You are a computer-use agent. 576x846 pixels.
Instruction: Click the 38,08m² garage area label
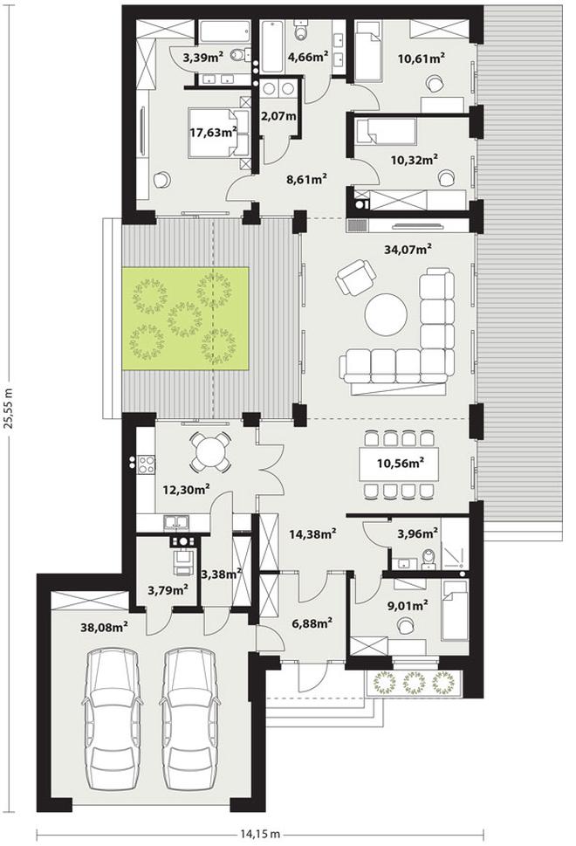[104, 626]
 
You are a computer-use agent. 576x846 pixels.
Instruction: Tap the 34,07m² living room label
[408, 249]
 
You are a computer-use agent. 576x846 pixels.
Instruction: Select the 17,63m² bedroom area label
[214, 132]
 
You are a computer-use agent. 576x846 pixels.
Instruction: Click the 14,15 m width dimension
[259, 834]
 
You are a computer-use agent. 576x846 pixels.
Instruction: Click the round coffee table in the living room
[386, 315]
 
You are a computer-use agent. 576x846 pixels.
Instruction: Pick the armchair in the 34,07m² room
[356, 277]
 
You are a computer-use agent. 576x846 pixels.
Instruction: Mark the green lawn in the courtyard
[185, 319]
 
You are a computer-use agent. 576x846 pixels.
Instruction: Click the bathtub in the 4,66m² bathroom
[271, 46]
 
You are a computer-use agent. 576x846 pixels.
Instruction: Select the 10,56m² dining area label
[400, 463]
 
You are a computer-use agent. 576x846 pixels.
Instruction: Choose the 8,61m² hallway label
[307, 179]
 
